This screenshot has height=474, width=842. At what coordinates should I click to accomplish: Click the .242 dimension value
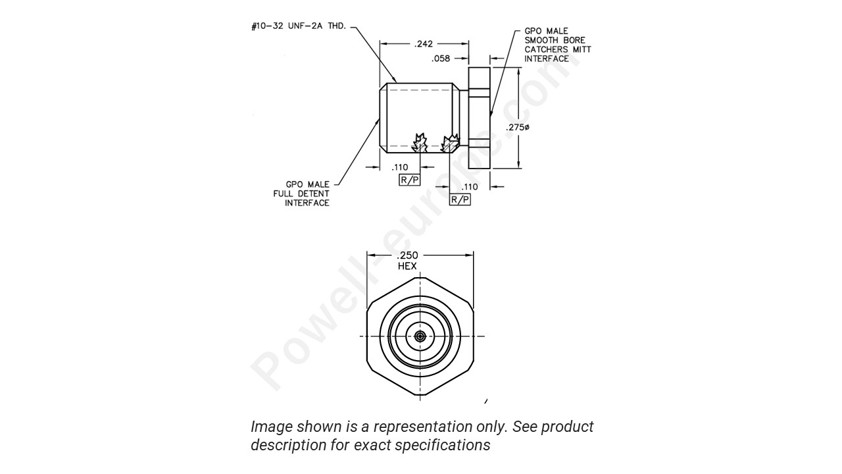pyautogui.click(x=424, y=44)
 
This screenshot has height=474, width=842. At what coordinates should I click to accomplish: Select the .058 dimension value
pyautogui.click(x=440, y=59)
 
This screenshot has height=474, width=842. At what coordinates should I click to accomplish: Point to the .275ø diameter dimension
pyautogui.click(x=518, y=127)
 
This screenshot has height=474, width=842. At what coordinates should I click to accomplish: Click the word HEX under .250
pyautogui.click(x=407, y=266)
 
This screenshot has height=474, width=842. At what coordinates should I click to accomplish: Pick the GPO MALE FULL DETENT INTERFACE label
pyautogui.click(x=301, y=194)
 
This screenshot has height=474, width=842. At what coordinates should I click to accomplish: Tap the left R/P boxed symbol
pyautogui.click(x=409, y=180)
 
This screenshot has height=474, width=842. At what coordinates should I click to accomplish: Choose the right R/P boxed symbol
pyautogui.click(x=460, y=199)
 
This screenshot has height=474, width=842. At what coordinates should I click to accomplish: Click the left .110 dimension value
pyautogui.click(x=401, y=167)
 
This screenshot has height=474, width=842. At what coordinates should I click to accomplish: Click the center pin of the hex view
pyautogui.click(x=420, y=336)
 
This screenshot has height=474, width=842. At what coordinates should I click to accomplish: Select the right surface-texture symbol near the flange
pyautogui.click(x=451, y=141)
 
